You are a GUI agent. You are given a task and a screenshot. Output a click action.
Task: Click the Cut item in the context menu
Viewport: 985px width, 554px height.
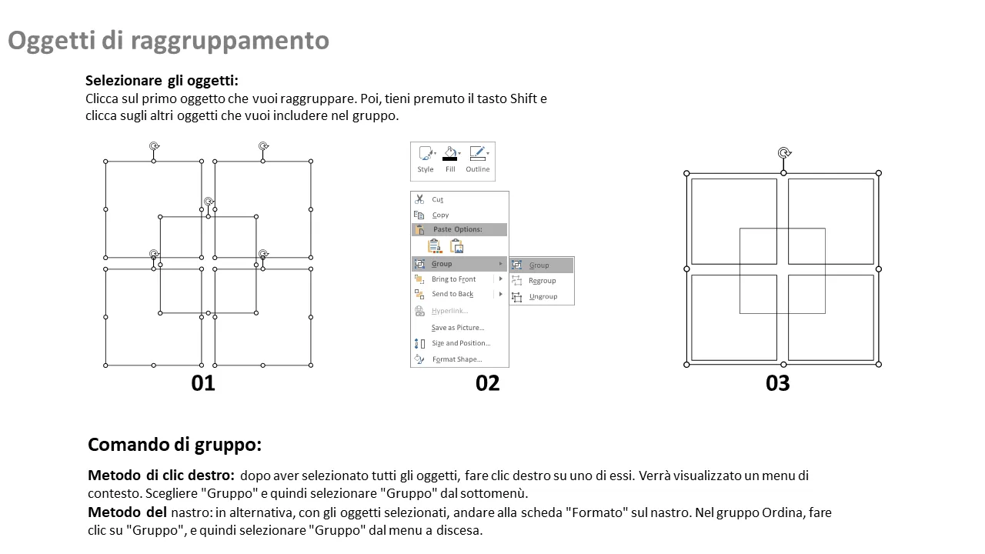437,199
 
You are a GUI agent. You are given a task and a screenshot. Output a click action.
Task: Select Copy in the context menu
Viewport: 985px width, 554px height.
439,215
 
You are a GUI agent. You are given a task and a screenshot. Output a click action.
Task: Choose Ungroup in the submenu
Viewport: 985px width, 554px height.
543,297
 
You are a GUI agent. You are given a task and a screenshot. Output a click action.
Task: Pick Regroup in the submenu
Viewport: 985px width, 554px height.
542,281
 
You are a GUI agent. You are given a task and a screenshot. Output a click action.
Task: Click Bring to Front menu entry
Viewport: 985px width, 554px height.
453,279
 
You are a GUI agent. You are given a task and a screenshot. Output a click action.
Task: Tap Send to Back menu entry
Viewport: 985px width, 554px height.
452,294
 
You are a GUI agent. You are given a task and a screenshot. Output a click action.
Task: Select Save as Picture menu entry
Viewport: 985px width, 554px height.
457,328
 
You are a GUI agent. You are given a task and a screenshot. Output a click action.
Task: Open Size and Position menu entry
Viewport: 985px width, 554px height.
460,343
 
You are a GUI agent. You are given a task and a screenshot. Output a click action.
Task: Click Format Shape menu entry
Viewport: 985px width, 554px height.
457,359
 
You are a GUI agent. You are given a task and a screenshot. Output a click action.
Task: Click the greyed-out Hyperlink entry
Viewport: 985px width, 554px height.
449,311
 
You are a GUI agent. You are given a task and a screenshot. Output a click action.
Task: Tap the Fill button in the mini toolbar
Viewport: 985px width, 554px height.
450,160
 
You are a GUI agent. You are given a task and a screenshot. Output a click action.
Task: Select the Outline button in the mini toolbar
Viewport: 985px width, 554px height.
478,160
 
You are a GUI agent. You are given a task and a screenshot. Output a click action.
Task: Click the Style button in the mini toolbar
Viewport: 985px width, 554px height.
426,160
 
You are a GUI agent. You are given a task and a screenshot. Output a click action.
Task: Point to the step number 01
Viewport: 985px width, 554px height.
203,383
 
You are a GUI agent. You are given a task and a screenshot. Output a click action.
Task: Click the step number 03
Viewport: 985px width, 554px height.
777,383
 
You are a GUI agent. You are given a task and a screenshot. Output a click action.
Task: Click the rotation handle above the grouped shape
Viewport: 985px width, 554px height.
784,153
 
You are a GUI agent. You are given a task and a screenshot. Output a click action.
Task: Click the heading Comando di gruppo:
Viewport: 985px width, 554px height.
175,445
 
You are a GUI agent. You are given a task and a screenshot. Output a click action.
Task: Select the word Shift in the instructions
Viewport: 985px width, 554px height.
523,98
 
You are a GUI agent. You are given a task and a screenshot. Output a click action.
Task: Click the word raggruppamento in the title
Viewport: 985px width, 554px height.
229,41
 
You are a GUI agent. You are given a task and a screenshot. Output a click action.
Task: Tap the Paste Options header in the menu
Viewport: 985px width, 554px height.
457,229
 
